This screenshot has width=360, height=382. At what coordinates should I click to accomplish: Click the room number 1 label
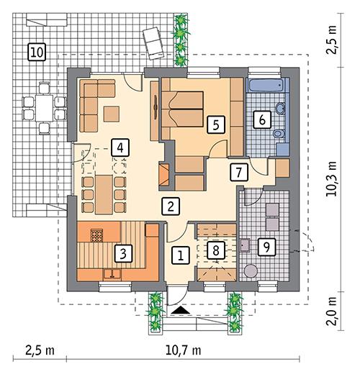point(180,254)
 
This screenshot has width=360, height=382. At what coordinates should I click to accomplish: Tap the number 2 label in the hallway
point(170,205)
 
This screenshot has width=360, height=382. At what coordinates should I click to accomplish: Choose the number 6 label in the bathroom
point(264,119)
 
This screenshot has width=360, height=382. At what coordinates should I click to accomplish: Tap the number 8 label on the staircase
point(214,250)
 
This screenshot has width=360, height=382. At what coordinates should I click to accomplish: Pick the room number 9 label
point(266,247)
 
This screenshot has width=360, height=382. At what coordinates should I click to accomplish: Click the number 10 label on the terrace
point(36,51)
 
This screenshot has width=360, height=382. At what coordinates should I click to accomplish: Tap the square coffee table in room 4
point(112,114)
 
